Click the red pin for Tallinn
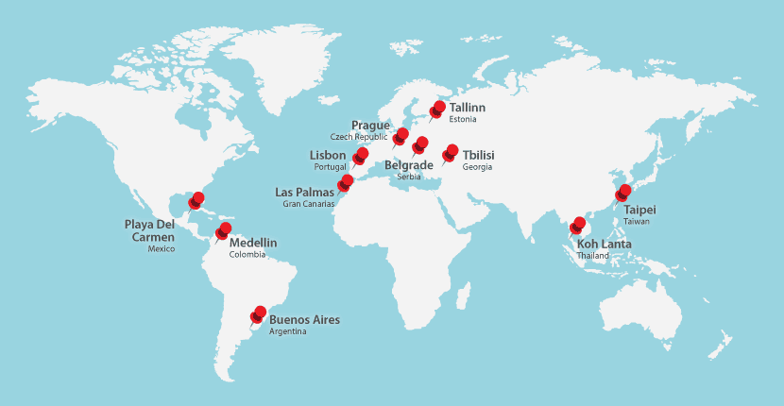pyautogui.click(x=437, y=110)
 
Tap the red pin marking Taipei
pyautogui.click(x=623, y=193)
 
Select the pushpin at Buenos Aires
pyautogui.click(x=259, y=314)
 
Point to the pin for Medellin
pyautogui.click(x=224, y=230)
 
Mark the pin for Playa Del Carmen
pyautogui.click(x=196, y=199)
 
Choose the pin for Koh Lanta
pyautogui.click(x=578, y=225)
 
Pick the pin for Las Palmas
pyautogui.click(x=347, y=181)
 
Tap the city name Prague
pyautogui.click(x=370, y=126)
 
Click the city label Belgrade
pyautogui.click(x=409, y=165)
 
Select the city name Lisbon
pyautogui.click(x=328, y=155)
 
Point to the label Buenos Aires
pyautogui.click(x=304, y=320)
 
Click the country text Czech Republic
pyautogui.click(x=359, y=137)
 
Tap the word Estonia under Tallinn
pyautogui.click(x=463, y=120)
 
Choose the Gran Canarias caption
pyautogui.click(x=309, y=204)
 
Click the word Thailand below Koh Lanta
pyautogui.click(x=593, y=256)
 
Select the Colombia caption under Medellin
pyautogui.click(x=247, y=254)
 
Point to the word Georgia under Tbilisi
pyautogui.click(x=477, y=167)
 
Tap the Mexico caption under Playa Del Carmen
pyautogui.click(x=162, y=248)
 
